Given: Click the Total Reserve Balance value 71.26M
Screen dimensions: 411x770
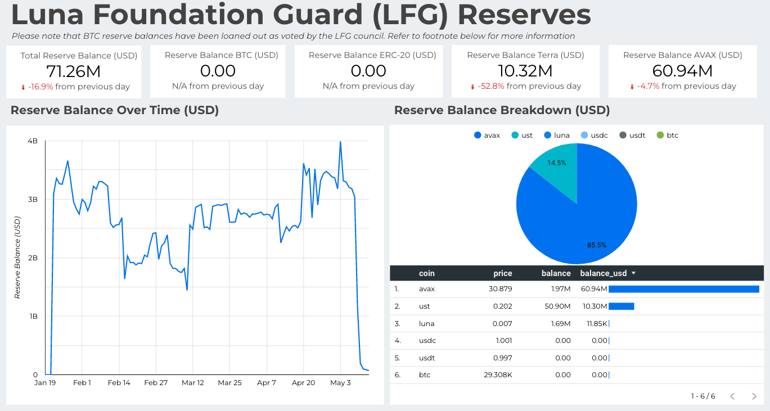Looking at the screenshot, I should (74, 71).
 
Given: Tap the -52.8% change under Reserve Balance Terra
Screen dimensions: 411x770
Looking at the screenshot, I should (490, 87).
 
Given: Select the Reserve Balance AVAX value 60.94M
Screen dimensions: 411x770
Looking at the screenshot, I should (682, 71).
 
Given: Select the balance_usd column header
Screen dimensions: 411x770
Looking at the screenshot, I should (604, 273).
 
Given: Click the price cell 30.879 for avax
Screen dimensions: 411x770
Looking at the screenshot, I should (499, 289).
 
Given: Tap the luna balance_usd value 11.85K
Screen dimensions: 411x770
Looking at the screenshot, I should (596, 324).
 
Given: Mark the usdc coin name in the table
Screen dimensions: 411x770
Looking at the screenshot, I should (427, 341).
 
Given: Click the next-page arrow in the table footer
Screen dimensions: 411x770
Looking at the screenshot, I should (754, 396).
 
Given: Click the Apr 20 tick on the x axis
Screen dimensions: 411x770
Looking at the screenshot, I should (303, 383).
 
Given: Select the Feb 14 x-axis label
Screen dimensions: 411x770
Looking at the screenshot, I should (119, 383).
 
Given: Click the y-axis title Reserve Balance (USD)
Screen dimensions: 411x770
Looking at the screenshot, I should (17, 258).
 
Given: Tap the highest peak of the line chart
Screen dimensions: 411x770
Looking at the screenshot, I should (340, 142).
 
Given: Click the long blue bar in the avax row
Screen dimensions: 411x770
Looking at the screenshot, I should (683, 289).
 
